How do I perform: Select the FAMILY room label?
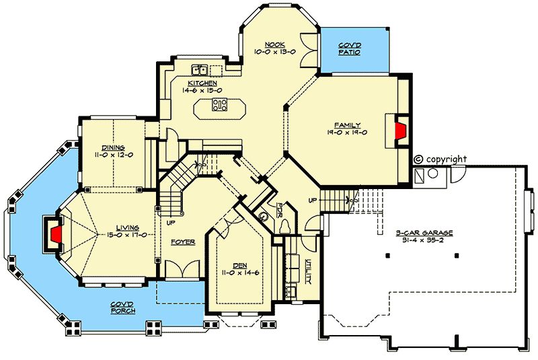348,125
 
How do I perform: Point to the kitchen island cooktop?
219,104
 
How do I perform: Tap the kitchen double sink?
199,69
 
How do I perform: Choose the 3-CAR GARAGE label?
424,233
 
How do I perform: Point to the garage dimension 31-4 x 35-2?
424,240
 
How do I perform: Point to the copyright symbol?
418,159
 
